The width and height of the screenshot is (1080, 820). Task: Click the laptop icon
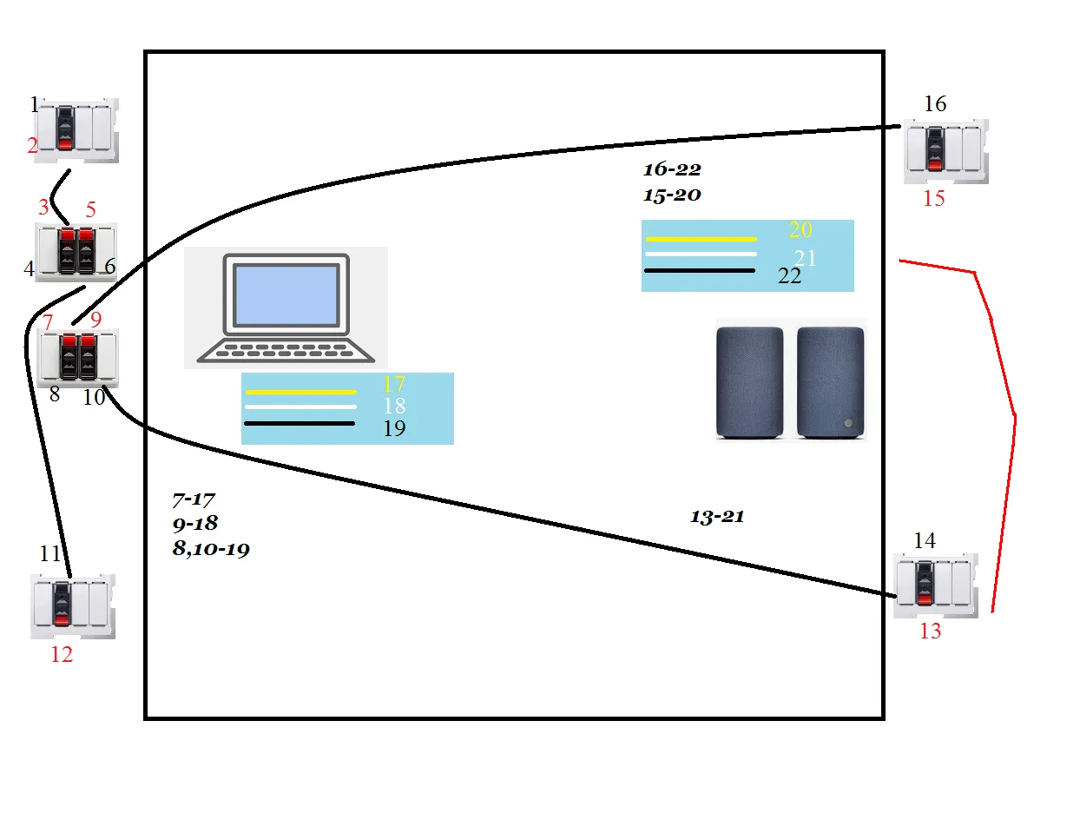(286, 307)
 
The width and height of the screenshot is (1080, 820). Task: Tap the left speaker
(748, 381)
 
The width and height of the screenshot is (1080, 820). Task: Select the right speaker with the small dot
(831, 381)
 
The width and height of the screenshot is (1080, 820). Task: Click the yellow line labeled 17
(300, 392)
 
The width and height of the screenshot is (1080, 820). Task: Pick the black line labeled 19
(300, 423)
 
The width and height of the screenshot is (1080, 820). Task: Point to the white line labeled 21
(701, 254)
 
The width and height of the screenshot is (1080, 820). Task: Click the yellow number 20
(800, 230)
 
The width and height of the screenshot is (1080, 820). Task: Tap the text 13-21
(717, 517)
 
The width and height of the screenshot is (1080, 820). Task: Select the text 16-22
(671, 169)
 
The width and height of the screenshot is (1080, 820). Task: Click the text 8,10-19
(212, 549)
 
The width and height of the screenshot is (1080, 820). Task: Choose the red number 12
(62, 655)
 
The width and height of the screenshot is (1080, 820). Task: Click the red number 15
(933, 199)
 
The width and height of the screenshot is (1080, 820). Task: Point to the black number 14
(925, 540)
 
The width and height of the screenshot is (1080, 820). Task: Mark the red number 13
(930, 632)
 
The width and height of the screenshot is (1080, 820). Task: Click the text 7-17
(194, 500)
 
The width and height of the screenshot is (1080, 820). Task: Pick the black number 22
(790, 275)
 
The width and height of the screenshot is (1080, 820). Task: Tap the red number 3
(43, 208)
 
